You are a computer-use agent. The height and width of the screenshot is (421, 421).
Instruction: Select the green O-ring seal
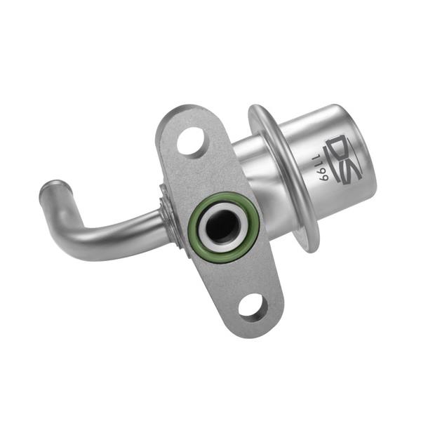click(x=224, y=227)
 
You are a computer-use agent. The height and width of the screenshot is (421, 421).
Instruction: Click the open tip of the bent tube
click(x=53, y=186)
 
